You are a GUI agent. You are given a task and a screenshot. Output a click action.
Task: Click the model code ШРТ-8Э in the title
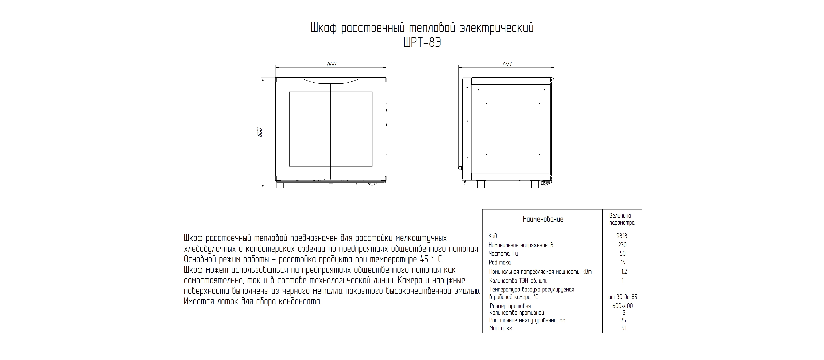[x=422, y=42]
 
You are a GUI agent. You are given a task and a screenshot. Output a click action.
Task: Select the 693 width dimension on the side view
[x=507, y=64]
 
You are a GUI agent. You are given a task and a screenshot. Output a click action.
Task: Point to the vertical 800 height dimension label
[x=260, y=132]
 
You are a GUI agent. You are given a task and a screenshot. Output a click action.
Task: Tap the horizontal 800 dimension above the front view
[x=331, y=64]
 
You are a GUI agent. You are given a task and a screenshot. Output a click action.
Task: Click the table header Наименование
[x=543, y=219]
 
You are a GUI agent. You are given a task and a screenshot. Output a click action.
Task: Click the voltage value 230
[x=622, y=245]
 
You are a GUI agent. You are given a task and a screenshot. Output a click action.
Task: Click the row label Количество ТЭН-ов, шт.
[x=518, y=281]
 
